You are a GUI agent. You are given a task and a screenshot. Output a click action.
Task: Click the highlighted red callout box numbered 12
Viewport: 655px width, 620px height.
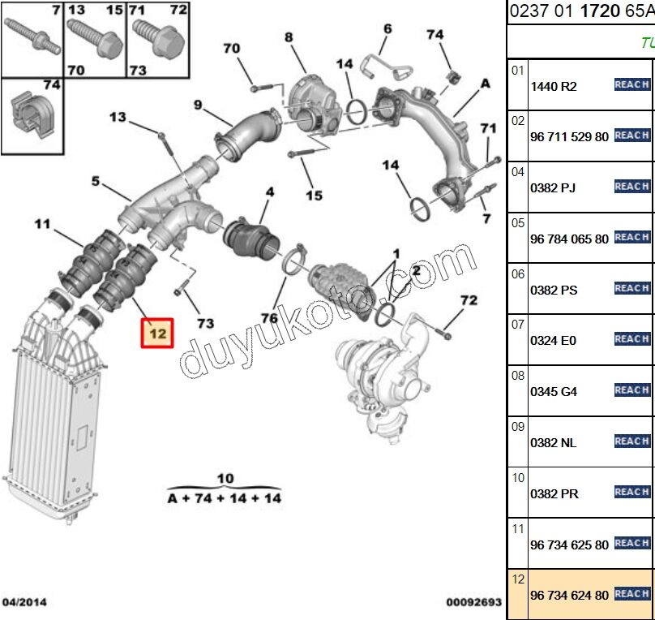[x=156, y=334]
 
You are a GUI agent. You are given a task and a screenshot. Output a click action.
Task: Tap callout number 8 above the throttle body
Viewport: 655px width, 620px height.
[x=289, y=37]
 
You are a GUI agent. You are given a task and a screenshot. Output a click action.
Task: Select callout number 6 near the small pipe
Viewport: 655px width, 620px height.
[x=387, y=29]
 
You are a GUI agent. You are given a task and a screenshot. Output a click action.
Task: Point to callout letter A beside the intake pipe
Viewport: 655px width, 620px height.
[x=486, y=83]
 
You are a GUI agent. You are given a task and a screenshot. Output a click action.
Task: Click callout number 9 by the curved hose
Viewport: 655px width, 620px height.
[x=197, y=104]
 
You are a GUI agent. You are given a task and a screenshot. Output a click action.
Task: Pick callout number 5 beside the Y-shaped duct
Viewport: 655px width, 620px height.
[x=96, y=181]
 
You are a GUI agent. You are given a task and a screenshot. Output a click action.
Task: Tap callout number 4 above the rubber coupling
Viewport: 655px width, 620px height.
[x=269, y=192]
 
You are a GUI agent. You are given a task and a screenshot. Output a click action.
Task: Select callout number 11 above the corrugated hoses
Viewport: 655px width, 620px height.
[x=42, y=223]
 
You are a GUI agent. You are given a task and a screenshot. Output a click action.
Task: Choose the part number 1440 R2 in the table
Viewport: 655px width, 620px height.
[x=553, y=86]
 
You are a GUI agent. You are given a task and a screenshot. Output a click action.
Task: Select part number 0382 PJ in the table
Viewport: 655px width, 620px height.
[x=553, y=187]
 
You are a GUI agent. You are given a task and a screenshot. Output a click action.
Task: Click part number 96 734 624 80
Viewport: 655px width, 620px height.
[x=569, y=595]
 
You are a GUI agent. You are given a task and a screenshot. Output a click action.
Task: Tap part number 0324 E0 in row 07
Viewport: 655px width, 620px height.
[x=553, y=340]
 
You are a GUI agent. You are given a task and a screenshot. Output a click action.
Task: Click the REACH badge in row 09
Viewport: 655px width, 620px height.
[x=632, y=441]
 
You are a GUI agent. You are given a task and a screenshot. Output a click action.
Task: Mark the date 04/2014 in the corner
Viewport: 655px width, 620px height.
[x=24, y=602]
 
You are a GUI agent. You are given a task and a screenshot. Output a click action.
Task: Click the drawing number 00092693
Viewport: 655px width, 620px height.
[x=473, y=603]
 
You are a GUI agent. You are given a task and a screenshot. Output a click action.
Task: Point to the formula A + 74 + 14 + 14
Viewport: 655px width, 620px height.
[x=225, y=497]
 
